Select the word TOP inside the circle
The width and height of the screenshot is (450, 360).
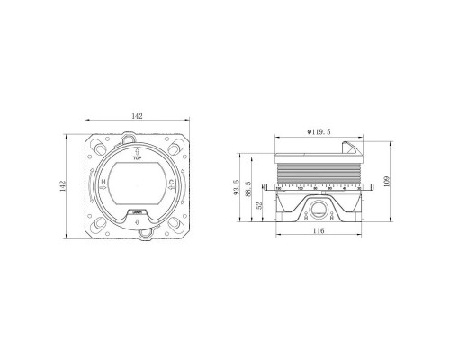coord(137,156)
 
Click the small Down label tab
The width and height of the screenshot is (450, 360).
coord(138,213)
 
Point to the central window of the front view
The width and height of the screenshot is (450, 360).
coord(137,183)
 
